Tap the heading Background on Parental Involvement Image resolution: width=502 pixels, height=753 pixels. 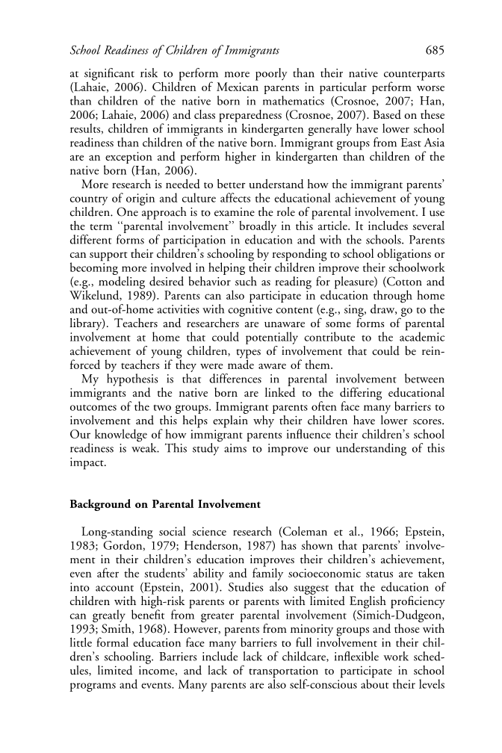tap(165, 505)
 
